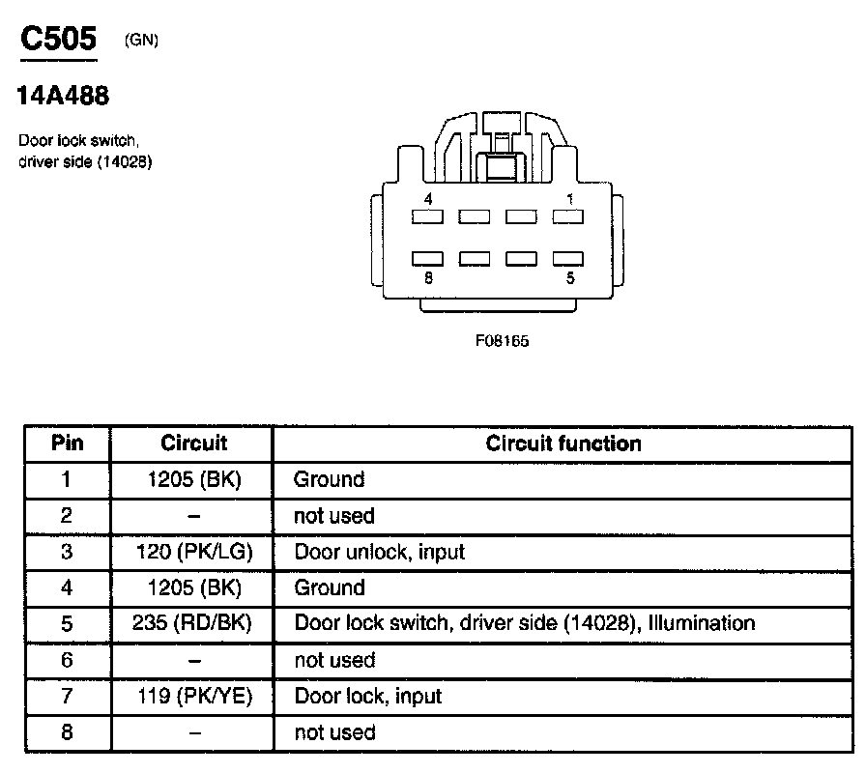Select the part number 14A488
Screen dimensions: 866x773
coord(64,96)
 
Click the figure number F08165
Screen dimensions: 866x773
coord(502,340)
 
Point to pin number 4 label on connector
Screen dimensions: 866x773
coord(427,198)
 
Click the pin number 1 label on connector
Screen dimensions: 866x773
coord(571,198)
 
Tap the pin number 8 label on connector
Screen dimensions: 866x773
coord(427,277)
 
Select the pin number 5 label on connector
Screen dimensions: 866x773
coord(571,277)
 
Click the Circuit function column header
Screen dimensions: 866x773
coord(563,444)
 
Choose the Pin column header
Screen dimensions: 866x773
coord(67,444)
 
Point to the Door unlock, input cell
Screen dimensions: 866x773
coord(379,552)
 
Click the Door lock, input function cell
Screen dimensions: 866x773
coord(368,696)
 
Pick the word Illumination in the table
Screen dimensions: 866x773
coord(702,623)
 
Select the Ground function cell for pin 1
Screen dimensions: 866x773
coord(329,479)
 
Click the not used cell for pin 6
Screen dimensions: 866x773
coord(333,660)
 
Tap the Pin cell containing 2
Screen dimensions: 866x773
coord(67,516)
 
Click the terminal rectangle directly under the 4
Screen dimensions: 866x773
coord(427,217)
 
